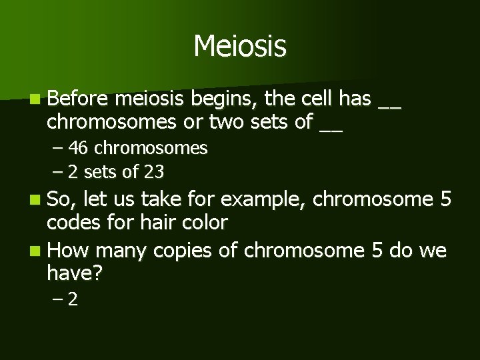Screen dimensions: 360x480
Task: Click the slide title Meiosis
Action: pos(240,47)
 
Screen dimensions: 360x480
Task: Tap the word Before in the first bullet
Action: pos(78,100)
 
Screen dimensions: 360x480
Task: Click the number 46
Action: pos(77,147)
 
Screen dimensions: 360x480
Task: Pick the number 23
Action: pos(154,172)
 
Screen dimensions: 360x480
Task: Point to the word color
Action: pos(205,222)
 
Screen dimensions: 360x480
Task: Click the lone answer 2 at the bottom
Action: pos(73,300)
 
